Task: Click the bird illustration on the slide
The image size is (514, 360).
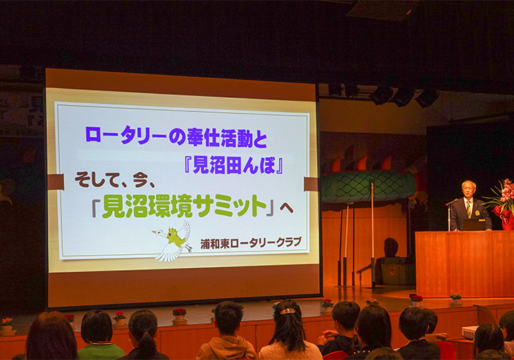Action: (173, 241)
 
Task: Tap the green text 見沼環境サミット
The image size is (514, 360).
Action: (184, 206)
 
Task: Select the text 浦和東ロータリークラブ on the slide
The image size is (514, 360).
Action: (251, 243)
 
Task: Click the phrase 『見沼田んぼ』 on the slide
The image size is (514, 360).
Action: (233, 165)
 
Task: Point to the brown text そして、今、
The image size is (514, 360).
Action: (115, 179)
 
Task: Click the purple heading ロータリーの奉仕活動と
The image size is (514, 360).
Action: (176, 136)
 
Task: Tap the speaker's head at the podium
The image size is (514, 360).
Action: (468, 189)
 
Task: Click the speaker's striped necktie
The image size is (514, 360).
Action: (469, 209)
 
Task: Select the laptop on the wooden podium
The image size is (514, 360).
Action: (474, 224)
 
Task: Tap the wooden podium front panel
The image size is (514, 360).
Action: (465, 264)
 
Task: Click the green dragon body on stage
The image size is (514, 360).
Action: (368, 186)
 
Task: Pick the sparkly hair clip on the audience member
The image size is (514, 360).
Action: (288, 311)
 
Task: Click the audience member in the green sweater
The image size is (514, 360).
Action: (99, 336)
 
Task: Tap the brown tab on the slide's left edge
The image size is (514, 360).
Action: (56, 182)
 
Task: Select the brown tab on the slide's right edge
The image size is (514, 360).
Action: (311, 184)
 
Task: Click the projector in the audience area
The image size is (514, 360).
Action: (470, 332)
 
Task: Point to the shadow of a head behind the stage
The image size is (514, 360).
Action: (390, 247)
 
